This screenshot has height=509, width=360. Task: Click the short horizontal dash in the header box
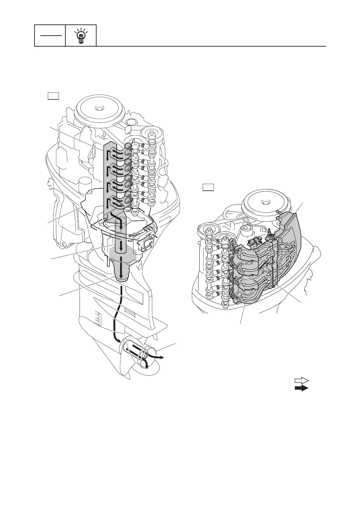[50, 35]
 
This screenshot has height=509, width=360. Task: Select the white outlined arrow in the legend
[301, 381]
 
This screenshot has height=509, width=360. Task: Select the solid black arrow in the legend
[301, 388]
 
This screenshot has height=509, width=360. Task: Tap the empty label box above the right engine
[208, 187]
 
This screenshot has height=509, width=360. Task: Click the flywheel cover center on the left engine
[97, 108]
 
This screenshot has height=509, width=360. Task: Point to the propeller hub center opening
[146, 357]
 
